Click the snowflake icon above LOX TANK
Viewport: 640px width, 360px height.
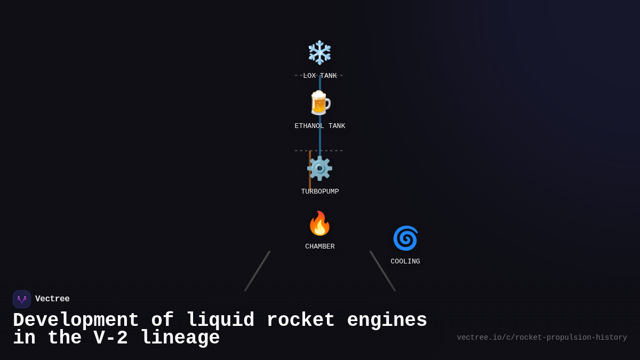[x=319, y=52]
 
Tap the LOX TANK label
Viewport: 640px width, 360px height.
[x=320, y=76]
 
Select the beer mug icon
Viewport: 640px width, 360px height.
[x=319, y=103]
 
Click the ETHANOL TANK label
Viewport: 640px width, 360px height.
[x=320, y=126]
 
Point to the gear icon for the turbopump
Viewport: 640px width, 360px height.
[x=319, y=169]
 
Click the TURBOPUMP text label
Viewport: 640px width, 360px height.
[x=320, y=191]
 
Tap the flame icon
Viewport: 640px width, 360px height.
[x=319, y=223]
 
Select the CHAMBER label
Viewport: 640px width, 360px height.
[x=320, y=246]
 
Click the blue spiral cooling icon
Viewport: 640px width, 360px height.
[x=405, y=238]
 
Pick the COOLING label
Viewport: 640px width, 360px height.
[x=405, y=261]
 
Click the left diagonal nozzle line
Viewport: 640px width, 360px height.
[x=257, y=271]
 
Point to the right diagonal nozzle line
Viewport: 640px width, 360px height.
[x=383, y=271]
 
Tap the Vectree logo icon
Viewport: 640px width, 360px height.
[x=22, y=299]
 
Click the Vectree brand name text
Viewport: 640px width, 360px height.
[x=52, y=299]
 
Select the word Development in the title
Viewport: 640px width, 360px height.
[x=76, y=321]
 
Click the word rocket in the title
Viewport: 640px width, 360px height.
[x=300, y=321]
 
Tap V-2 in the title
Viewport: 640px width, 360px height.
[x=110, y=338]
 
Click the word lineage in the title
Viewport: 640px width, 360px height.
[x=180, y=338]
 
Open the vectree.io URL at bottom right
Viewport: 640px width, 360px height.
[x=542, y=338]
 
